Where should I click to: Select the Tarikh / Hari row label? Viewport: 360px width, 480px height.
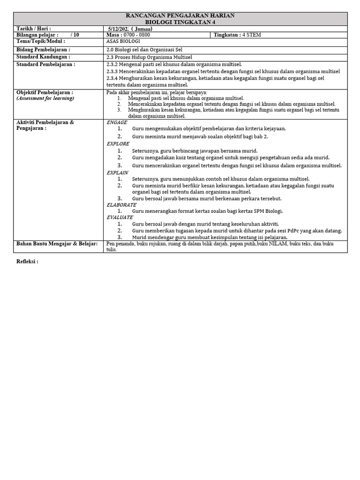coord(34,29)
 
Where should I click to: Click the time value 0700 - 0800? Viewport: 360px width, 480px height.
coord(136,35)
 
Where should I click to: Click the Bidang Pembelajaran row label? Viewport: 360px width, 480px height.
coord(43,49)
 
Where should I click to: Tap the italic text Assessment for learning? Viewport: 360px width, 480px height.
coord(45,98)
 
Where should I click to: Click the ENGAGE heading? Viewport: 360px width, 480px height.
coord(117,122)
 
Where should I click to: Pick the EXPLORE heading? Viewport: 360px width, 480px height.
coord(118,144)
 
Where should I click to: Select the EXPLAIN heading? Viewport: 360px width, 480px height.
coord(118,172)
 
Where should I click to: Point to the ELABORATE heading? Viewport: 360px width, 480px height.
coord(121,205)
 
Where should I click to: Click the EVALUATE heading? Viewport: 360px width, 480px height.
coord(120,217)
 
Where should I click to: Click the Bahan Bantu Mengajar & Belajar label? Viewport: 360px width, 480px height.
coord(57,244)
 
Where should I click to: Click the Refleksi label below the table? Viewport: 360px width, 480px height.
coord(27,262)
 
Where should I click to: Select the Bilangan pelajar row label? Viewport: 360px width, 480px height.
coord(37,35)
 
